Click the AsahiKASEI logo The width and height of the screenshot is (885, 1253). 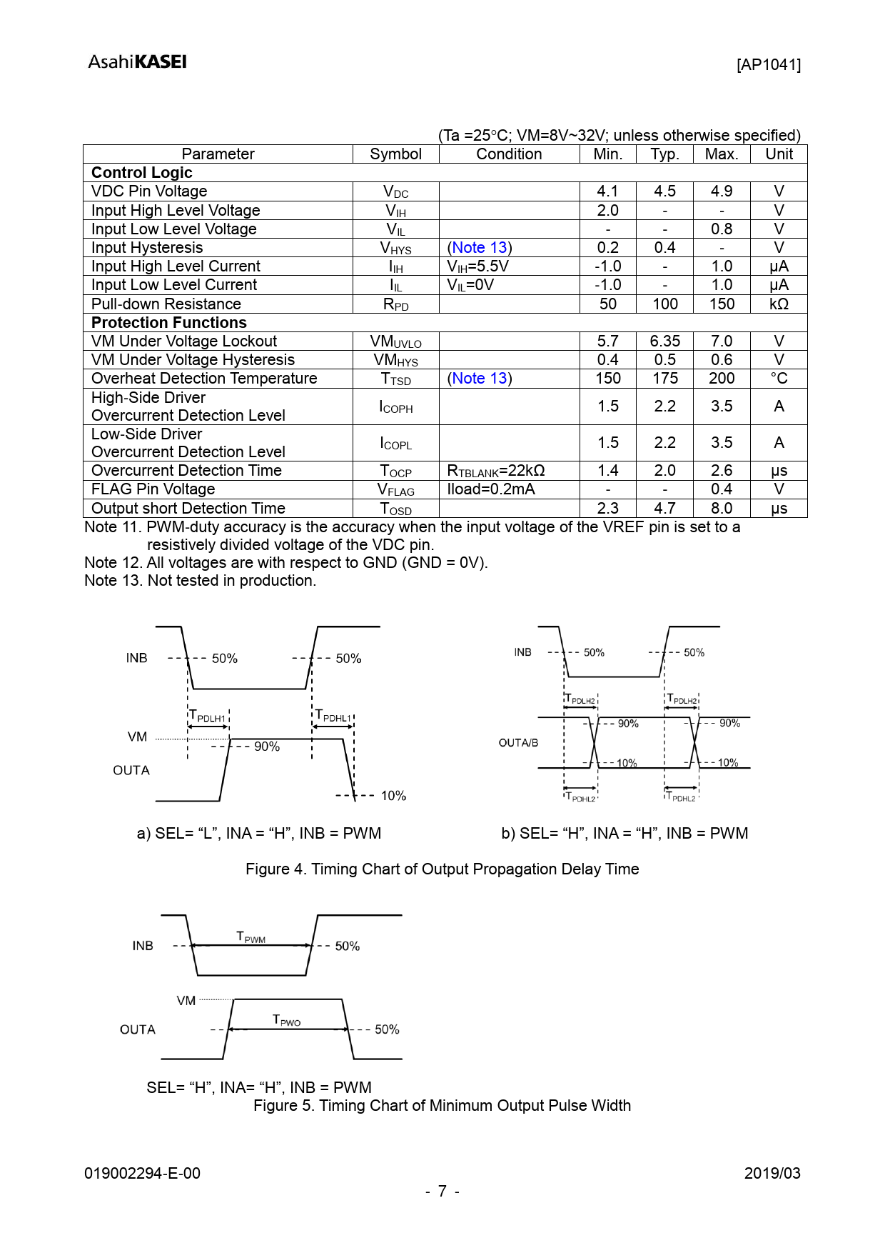coord(137,62)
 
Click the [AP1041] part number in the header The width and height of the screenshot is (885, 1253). coord(768,65)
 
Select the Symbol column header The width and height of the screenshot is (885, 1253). coord(395,154)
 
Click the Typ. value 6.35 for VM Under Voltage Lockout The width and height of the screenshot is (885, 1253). coord(664,341)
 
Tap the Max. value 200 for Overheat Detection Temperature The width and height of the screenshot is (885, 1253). coord(721,379)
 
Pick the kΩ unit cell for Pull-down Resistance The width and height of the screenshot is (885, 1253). coord(778,304)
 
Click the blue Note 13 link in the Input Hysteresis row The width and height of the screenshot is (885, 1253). coord(480,248)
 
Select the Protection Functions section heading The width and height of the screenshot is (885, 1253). coord(169,323)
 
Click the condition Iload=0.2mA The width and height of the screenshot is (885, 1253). coord(491,489)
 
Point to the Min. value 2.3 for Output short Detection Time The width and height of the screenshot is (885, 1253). coord(607,508)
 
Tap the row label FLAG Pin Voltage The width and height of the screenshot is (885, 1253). coord(153,489)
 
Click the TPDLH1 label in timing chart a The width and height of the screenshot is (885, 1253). coord(208,716)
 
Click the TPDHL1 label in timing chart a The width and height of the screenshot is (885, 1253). coord(333,716)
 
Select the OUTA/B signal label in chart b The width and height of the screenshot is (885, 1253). coord(518,743)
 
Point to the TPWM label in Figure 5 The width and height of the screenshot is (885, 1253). coord(251,937)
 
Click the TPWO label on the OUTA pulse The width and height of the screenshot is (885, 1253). coord(287,1020)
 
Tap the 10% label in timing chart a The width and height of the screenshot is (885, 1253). coord(393,796)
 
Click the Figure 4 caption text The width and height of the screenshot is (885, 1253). coord(442,869)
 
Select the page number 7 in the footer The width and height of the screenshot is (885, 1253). coord(442,1191)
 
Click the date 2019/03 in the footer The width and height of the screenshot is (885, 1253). coord(772,1173)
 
